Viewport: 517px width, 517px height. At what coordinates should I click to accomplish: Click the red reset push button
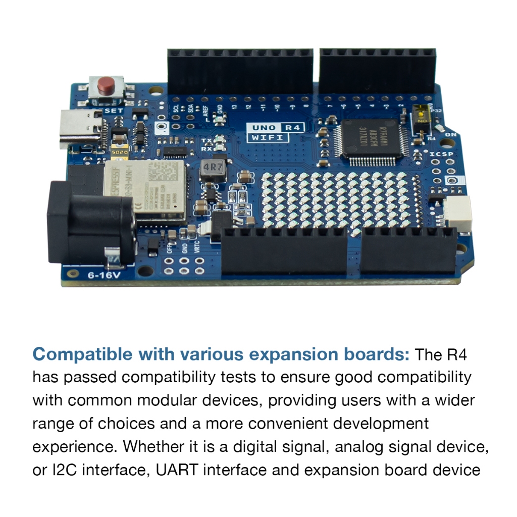(106, 85)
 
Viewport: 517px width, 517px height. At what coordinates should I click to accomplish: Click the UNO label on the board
(264, 127)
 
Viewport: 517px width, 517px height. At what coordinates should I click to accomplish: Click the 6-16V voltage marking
(104, 275)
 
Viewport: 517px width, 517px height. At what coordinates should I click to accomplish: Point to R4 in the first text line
(457, 354)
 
